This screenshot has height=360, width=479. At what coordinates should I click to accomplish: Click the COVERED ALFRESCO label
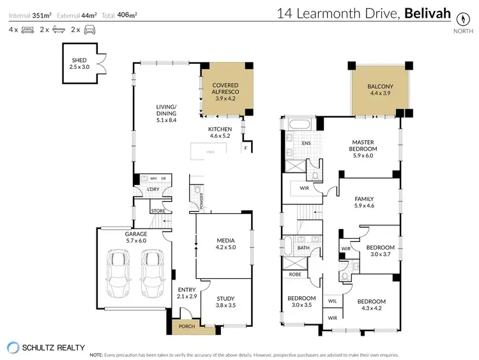coord(225,89)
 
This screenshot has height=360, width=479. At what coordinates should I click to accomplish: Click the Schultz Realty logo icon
coord(13,347)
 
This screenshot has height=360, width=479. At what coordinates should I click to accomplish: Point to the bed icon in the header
coord(27,29)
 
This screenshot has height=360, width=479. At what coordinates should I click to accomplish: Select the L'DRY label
coord(153,190)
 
